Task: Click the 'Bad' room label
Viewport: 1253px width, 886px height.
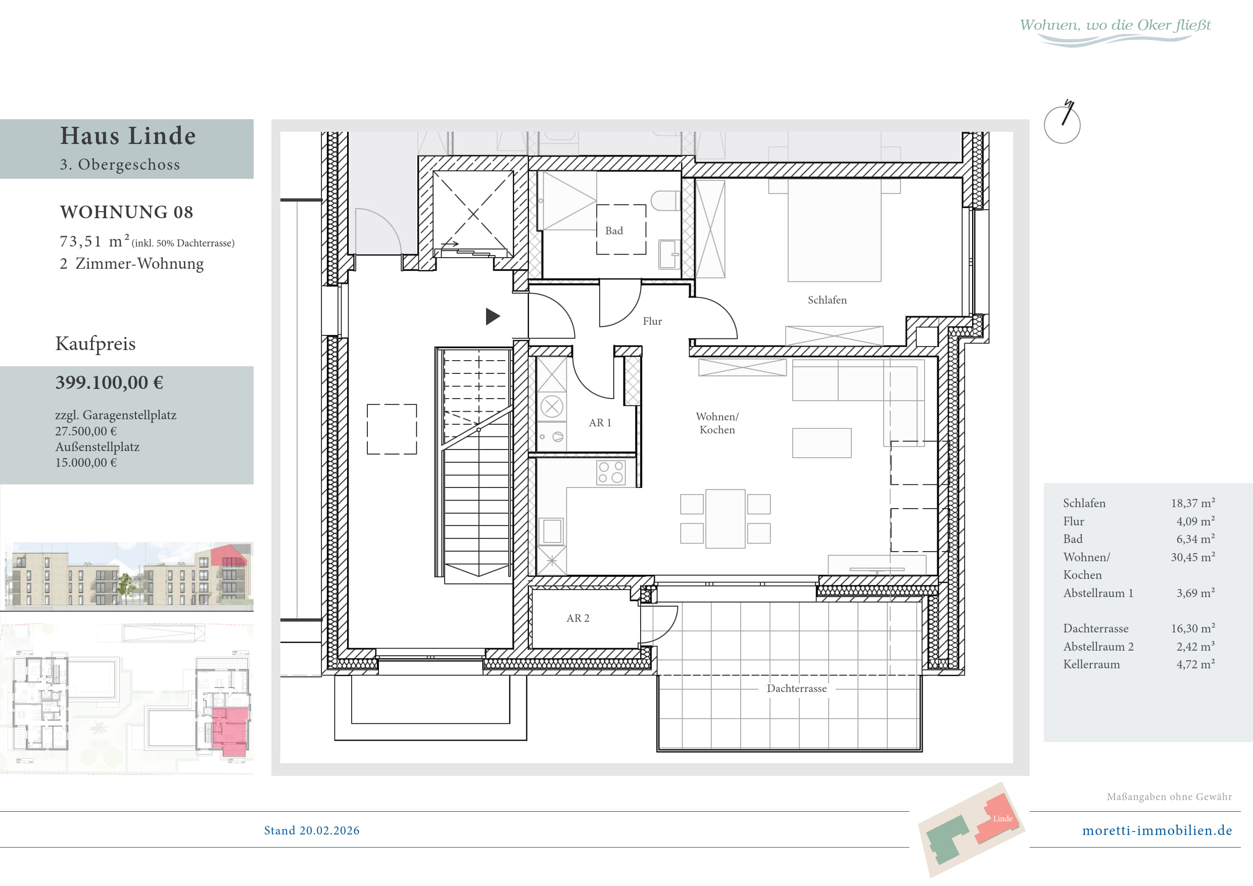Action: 614,231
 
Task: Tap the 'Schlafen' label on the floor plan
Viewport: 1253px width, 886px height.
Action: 827,300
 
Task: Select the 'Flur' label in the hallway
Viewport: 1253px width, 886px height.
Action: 652,321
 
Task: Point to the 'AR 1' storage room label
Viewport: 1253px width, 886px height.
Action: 600,423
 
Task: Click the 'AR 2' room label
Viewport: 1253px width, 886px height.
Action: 577,618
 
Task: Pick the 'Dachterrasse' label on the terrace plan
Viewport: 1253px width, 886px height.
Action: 796,688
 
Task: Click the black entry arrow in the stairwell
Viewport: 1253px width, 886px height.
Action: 493,316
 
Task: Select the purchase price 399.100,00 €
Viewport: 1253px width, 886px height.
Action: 109,382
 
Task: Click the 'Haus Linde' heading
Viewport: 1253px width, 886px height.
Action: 128,135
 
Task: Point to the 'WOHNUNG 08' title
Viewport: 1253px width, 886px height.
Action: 127,212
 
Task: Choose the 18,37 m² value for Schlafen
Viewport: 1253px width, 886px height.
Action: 1192,503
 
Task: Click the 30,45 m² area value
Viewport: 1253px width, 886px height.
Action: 1192,557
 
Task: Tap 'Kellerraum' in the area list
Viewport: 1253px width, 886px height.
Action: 1091,665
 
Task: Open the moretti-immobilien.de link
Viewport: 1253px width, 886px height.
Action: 1157,830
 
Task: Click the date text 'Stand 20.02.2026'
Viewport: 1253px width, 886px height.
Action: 312,830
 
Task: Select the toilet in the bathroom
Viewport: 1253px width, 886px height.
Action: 666,201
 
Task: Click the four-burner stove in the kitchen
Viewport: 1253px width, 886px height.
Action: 611,472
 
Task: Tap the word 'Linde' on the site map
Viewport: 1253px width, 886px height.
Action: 1002,818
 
